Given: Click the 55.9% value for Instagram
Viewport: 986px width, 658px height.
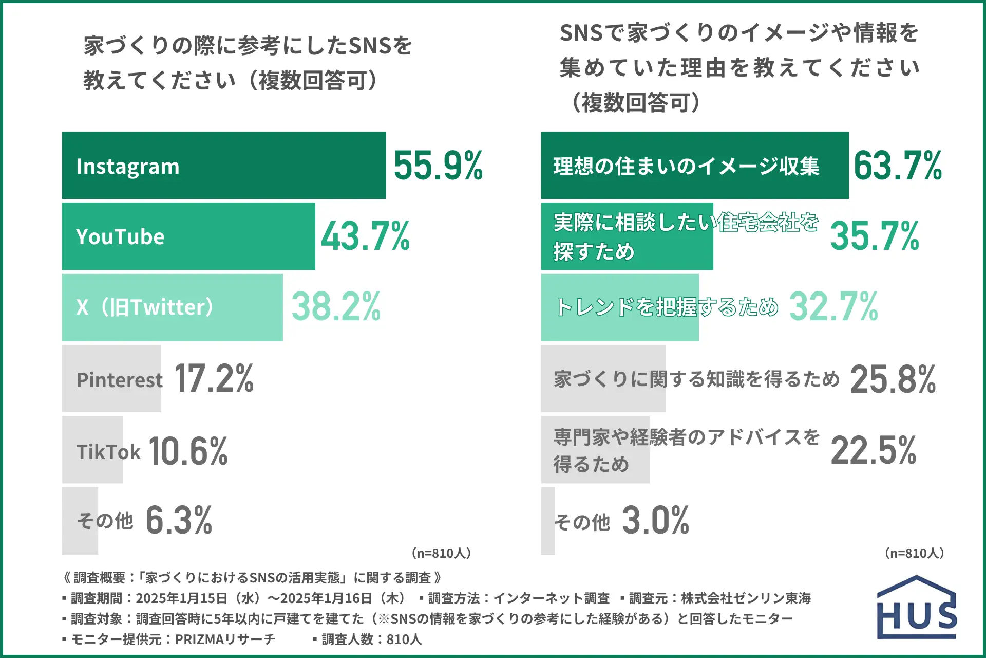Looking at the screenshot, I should (438, 166).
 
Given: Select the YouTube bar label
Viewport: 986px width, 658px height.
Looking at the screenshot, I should (120, 236).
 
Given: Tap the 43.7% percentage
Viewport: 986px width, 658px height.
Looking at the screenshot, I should (365, 236).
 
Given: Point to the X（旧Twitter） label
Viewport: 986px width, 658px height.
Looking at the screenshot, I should (145, 307).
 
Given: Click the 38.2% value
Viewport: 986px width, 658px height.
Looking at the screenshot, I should (336, 306).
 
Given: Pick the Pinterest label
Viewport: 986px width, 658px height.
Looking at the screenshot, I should (119, 380).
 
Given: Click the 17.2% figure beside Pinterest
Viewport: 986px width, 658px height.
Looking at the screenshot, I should (214, 378).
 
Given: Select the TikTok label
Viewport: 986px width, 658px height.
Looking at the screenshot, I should (108, 452).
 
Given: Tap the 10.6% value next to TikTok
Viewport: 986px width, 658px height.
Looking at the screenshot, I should (188, 451).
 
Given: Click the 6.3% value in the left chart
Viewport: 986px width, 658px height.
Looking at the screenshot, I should (179, 520).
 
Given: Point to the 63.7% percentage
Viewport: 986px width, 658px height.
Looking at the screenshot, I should (898, 166).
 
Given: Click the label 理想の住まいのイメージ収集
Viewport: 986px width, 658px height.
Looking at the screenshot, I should (686, 166).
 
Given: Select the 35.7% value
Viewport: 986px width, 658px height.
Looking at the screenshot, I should (875, 236).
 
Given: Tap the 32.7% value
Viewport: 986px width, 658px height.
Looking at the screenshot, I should (833, 306).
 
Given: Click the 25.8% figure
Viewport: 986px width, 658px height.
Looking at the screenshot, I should (893, 379).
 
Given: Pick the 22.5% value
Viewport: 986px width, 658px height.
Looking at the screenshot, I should (873, 450).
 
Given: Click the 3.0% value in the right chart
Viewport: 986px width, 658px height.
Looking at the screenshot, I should (655, 520).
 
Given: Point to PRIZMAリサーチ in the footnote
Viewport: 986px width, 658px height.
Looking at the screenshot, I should (225, 639).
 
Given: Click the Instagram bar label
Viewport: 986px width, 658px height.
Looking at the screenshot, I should (128, 166).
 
